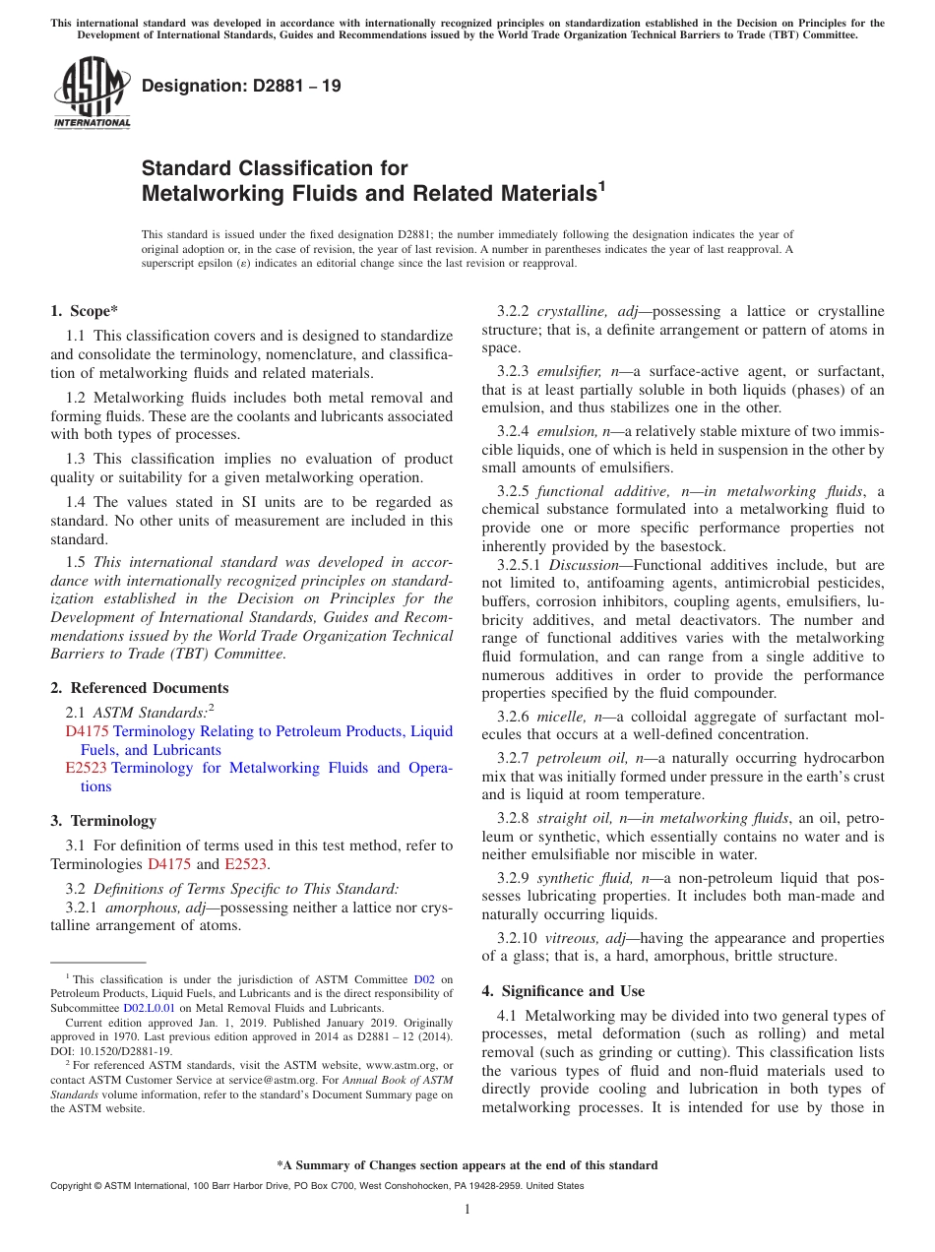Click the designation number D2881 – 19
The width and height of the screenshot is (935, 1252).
point(241,86)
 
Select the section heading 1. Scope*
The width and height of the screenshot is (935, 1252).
point(85,311)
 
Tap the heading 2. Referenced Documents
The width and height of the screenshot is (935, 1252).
point(140,688)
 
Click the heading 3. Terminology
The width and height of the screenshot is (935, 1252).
point(103,820)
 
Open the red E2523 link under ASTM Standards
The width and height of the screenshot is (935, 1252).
point(86,768)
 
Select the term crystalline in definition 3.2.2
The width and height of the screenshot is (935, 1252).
point(569,311)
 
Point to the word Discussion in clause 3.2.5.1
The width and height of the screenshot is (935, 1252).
point(584,565)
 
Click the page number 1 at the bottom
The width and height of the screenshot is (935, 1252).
point(467,1210)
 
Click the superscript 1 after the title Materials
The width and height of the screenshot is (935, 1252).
point(602,184)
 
